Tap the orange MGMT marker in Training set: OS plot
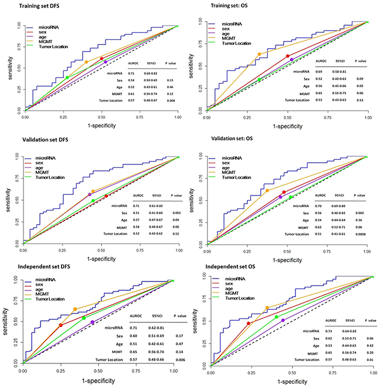click(258, 54)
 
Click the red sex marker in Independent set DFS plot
click(60, 325)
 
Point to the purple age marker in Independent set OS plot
click(283, 320)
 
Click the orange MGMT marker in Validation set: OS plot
click(267, 190)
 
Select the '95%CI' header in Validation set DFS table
click(141, 197)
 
